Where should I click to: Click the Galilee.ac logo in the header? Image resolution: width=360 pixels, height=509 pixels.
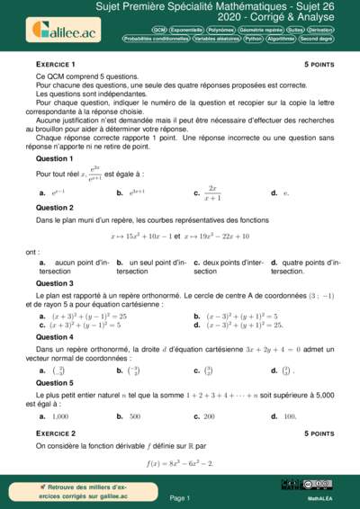55,30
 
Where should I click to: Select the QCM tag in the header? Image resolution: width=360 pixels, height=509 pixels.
158,30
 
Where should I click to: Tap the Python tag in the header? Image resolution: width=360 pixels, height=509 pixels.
253,40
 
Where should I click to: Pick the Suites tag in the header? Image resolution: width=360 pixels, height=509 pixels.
295,30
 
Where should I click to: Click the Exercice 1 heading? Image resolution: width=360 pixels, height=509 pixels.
55,65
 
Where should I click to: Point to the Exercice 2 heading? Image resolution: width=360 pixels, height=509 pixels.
55,433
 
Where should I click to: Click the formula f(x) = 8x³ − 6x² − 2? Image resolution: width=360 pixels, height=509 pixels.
179,463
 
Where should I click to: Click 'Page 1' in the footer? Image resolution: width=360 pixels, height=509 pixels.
179,497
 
